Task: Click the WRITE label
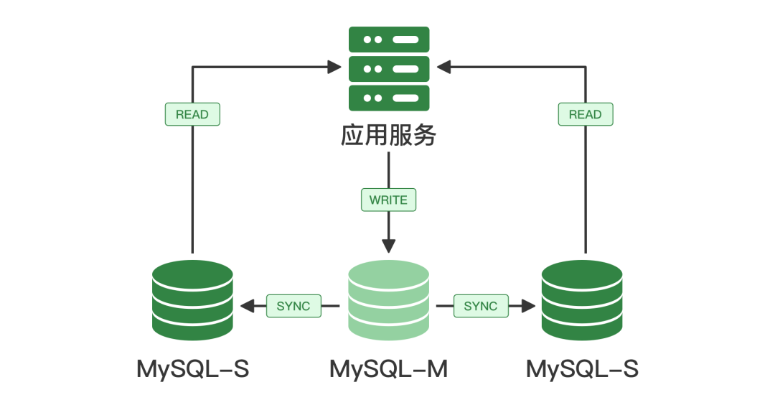(388, 200)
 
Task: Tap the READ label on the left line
(192, 114)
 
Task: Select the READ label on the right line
(585, 114)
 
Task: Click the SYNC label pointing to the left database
(293, 306)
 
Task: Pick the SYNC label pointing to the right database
(481, 306)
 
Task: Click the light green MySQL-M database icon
(388, 300)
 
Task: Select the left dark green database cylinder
(193, 300)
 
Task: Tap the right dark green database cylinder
(582, 300)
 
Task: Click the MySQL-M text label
(388, 369)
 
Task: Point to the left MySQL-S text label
(193, 369)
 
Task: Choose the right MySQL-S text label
(582, 369)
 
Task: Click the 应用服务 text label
(388, 136)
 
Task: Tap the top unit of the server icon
(388, 39)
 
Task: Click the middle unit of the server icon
(388, 69)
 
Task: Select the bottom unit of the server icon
(388, 98)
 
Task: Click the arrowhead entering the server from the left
(334, 67)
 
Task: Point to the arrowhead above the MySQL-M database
(388, 245)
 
